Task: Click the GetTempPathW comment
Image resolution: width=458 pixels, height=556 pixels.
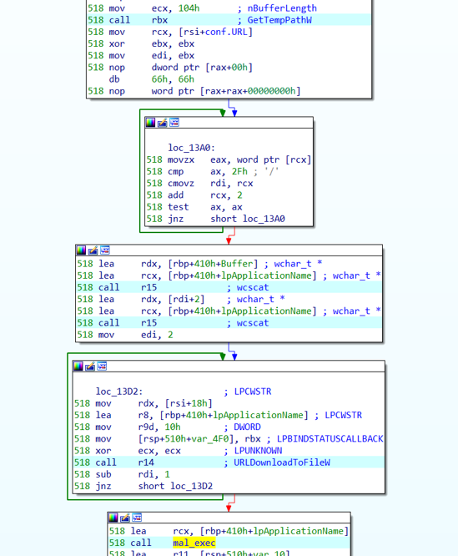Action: (x=279, y=20)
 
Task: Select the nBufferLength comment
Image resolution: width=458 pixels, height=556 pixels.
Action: (x=282, y=8)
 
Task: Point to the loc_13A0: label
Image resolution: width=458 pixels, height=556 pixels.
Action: (x=191, y=148)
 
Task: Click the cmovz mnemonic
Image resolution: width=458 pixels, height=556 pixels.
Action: (x=181, y=184)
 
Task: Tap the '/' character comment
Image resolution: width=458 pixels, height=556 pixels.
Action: (x=271, y=171)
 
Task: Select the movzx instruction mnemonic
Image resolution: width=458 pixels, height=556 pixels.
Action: (x=181, y=159)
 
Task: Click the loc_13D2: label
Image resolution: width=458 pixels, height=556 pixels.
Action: (x=119, y=392)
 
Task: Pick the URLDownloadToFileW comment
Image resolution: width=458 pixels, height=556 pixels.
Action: (x=282, y=462)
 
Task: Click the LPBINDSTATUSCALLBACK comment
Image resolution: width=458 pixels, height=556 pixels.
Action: (x=330, y=438)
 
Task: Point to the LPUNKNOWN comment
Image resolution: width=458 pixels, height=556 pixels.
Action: (x=258, y=451)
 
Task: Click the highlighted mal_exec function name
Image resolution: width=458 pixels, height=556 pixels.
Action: (x=194, y=543)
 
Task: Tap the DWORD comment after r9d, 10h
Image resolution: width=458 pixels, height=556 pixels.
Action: (x=247, y=427)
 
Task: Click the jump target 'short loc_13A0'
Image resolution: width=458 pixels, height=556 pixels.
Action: (x=248, y=219)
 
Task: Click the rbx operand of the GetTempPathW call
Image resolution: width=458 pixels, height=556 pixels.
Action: (x=159, y=20)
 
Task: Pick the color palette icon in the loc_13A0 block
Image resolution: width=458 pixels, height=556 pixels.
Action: (x=150, y=123)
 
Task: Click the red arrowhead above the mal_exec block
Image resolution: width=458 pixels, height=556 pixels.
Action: (x=229, y=508)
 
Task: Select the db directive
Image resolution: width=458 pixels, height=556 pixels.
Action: (x=114, y=79)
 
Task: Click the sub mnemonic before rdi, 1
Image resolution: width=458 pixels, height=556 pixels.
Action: (x=103, y=474)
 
